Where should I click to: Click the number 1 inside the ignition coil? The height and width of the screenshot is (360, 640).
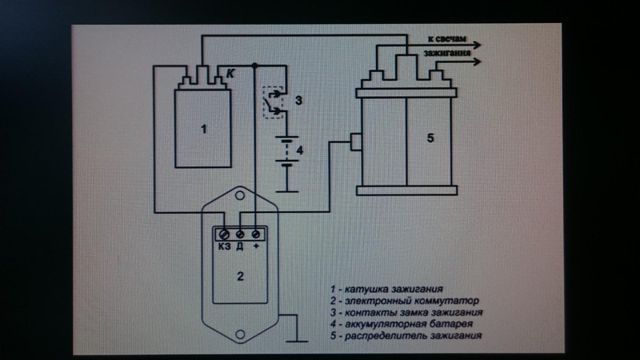tap(203, 129)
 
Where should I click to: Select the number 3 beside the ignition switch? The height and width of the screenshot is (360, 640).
tap(299, 100)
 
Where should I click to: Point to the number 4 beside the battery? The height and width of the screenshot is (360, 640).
tap(299, 150)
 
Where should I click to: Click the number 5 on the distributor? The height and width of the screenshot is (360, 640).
tap(430, 138)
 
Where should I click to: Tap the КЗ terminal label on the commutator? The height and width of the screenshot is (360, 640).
tap(224, 246)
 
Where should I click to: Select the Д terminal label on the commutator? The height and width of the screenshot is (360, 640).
tap(240, 246)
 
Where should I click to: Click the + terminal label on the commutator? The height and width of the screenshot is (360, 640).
tap(256, 246)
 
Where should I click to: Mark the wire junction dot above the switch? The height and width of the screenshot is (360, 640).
tap(256, 65)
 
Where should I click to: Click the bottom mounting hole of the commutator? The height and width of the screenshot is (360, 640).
tap(240, 334)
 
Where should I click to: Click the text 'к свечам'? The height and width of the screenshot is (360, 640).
tap(447, 39)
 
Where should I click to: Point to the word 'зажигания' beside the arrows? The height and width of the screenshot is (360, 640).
tap(446, 53)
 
